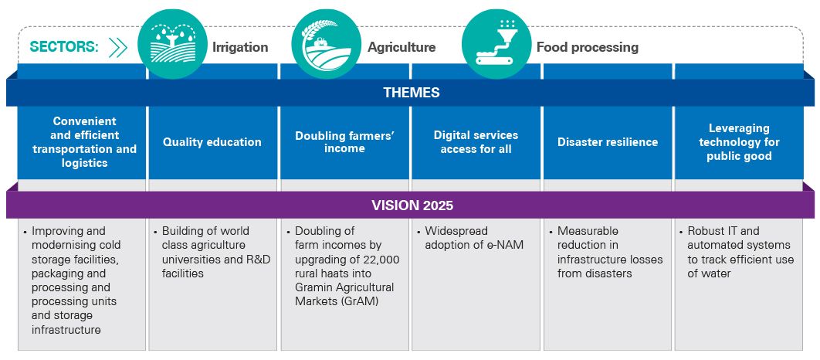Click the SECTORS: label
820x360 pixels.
[x=64, y=47]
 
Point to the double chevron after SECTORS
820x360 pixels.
[x=118, y=47]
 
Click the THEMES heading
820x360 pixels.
[x=411, y=93]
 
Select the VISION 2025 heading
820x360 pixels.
[x=411, y=205]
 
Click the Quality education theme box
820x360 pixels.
[x=212, y=142]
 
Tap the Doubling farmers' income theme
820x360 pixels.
[x=344, y=142]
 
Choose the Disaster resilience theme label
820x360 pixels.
[x=608, y=142]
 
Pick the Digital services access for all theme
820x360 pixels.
[x=476, y=142]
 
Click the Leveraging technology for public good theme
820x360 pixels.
[x=739, y=142]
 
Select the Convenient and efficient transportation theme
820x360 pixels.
[x=84, y=142]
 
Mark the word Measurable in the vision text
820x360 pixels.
[x=588, y=231]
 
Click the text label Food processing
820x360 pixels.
[x=588, y=47]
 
